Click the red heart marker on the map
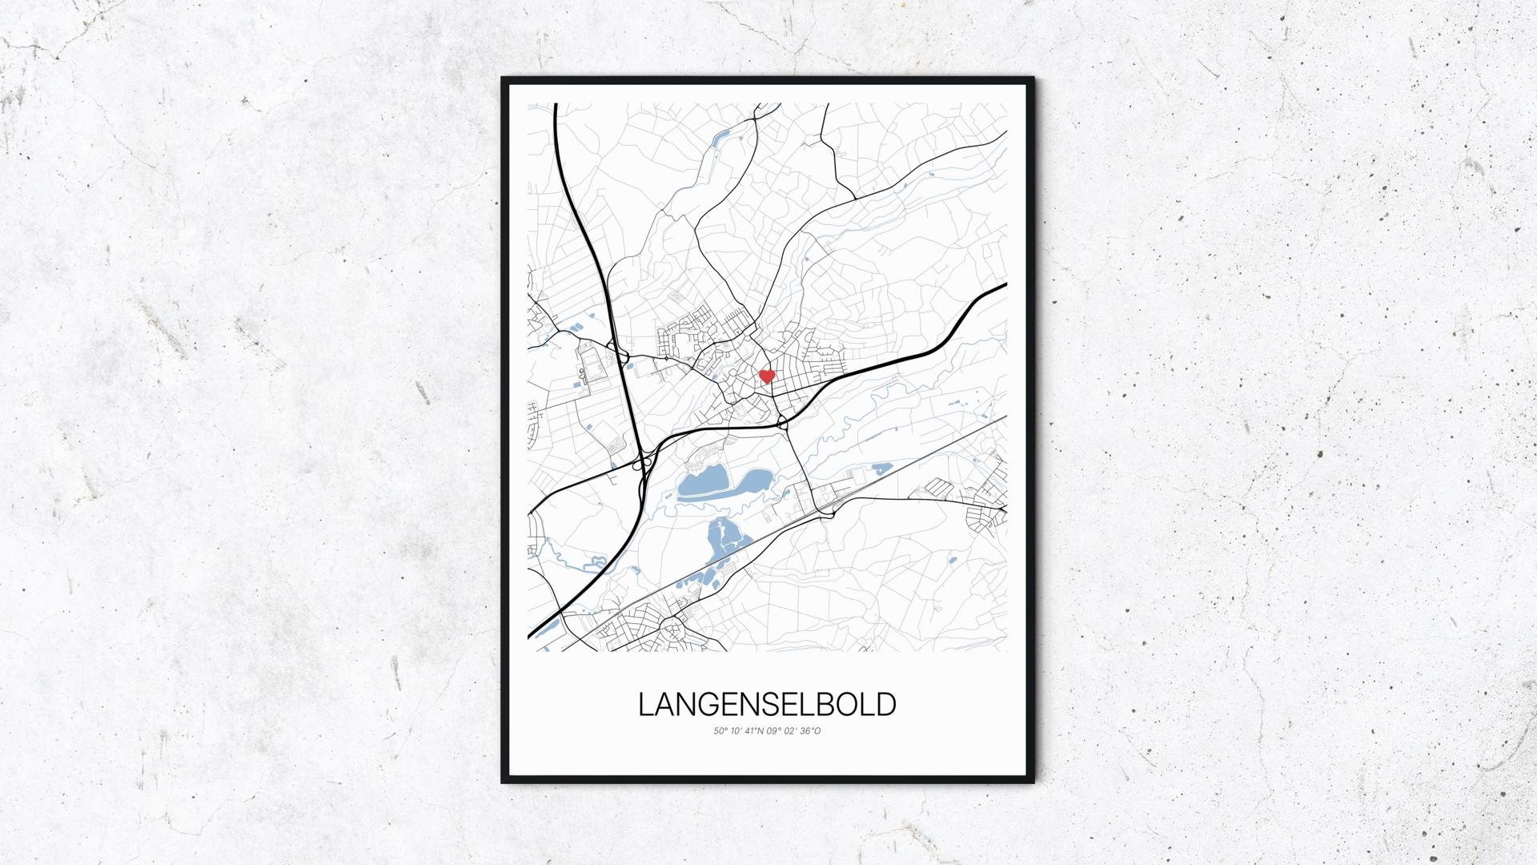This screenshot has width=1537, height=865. pyautogui.click(x=766, y=376)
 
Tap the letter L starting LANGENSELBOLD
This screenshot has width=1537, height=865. pyautogui.click(x=645, y=705)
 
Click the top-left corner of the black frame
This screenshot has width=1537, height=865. pyautogui.click(x=504, y=79)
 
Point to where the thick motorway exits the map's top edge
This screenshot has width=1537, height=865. pyautogui.click(x=556, y=104)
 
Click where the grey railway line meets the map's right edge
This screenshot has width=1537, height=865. pyautogui.click(x=1005, y=416)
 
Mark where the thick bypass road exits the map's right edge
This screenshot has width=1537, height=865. pyautogui.click(x=1005, y=284)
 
